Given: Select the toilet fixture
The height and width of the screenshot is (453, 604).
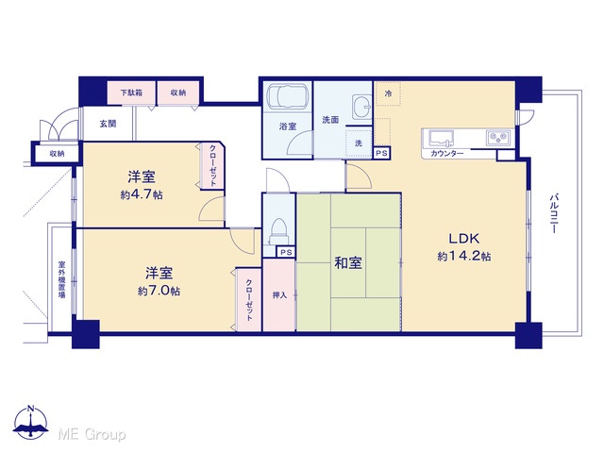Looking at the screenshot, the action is tap(278, 231).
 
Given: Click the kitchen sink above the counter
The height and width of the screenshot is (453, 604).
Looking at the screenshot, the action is tap(441, 139).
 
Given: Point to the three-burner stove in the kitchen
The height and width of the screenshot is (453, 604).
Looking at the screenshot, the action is tap(499, 137).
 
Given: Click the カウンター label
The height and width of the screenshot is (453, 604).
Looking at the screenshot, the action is tap(446, 153).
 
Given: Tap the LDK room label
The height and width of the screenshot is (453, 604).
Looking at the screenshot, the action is tap(463, 239).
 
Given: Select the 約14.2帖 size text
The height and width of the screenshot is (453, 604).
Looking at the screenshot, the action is tap(463, 256).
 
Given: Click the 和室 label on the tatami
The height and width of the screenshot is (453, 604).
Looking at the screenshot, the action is tap(348, 263).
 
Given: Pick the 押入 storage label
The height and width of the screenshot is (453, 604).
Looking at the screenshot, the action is tap(279, 295).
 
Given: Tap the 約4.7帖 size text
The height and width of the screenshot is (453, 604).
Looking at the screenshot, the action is tap(142, 195).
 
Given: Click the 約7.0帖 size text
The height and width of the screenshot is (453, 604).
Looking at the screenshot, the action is tap(159, 291).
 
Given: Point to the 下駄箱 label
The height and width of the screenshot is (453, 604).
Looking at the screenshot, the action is tap(131, 92).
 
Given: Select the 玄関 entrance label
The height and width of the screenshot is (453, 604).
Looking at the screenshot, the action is tap(108, 124).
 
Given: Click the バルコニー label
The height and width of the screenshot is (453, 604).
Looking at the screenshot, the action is tap(554, 214).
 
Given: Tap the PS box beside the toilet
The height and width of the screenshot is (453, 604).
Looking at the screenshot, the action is tap(286, 252).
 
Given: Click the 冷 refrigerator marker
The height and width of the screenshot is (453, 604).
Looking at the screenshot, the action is tap(388, 93).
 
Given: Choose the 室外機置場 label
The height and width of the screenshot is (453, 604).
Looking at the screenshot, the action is tap(61, 279).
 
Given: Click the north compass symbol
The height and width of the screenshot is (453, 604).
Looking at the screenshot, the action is tap(31, 423).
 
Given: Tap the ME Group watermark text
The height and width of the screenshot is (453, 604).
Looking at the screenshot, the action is tap(92, 434).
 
